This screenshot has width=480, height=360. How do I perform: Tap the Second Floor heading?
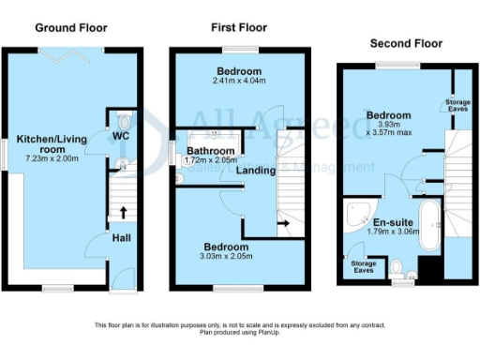click(406, 43)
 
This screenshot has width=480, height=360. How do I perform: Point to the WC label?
click(120, 137)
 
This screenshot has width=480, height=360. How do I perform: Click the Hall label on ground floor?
click(121, 237)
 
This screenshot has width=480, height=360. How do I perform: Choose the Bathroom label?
click(208, 150)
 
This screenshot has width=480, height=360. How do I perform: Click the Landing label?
click(255, 171)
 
